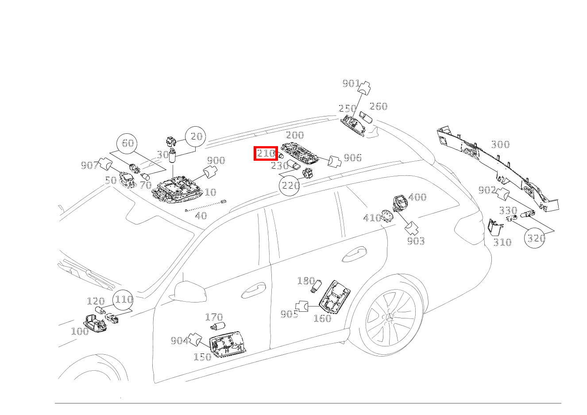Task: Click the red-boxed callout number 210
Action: click(x=266, y=153)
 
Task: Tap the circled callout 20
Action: click(x=196, y=136)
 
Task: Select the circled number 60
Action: click(x=127, y=144)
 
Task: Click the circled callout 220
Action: click(x=290, y=186)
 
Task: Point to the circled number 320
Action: click(x=535, y=238)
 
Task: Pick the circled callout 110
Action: click(x=123, y=300)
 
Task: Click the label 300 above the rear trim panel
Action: click(x=500, y=144)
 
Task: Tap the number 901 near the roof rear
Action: click(x=351, y=84)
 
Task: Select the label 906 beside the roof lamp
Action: click(x=352, y=158)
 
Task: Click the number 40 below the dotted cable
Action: click(x=201, y=216)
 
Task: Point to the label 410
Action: click(x=372, y=218)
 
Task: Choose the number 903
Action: click(x=416, y=241)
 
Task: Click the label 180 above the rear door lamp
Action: click(x=306, y=281)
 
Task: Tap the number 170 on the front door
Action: click(x=214, y=318)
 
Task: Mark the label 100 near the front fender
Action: click(x=80, y=331)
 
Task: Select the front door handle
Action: click(x=253, y=291)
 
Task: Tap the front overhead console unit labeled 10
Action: click(x=178, y=190)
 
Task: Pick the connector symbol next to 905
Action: click(x=302, y=306)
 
